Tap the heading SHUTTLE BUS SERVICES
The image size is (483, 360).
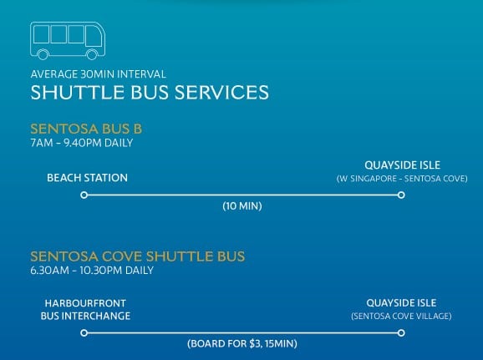click(x=150, y=91)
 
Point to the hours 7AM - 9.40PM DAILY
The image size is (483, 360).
click(x=81, y=143)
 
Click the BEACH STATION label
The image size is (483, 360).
click(x=87, y=178)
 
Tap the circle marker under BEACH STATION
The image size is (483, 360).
click(x=84, y=195)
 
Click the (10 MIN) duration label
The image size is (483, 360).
click(x=242, y=206)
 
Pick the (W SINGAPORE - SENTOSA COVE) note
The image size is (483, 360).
click(x=401, y=179)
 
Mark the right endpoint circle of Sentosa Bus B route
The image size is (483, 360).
click(x=401, y=195)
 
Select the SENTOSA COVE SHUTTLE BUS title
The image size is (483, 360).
click(x=137, y=256)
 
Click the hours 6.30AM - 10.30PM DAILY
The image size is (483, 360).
click(x=92, y=271)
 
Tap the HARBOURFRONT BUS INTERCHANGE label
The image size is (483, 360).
click(x=85, y=309)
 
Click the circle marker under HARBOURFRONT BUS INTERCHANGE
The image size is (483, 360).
click(x=84, y=332)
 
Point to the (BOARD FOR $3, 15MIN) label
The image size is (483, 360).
click(x=242, y=343)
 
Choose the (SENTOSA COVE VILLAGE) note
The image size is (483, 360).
click(x=401, y=317)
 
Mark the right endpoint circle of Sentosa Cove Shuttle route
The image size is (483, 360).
click(x=401, y=332)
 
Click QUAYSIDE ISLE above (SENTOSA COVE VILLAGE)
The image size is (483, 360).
click(x=401, y=302)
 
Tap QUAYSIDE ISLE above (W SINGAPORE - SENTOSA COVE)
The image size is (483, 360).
click(x=401, y=165)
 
